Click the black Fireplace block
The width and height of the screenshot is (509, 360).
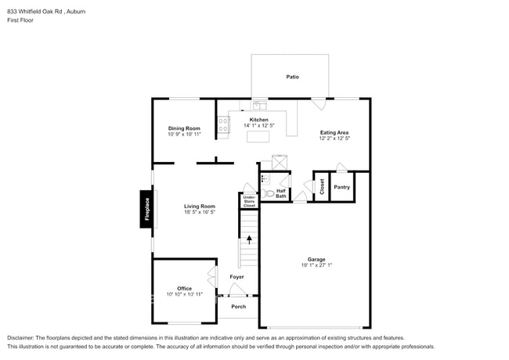coord(146,209)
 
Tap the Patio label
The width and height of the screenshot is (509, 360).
coord(293,77)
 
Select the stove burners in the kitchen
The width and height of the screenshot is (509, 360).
coord(223,125)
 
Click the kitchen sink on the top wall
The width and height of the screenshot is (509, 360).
coord(260,105)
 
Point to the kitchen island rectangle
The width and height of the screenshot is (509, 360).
coord(258,136)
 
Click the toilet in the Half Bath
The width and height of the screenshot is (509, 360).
coord(269,193)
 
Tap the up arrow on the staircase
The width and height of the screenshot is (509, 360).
coord(249,239)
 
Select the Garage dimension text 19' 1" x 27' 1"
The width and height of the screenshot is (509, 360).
coord(316,265)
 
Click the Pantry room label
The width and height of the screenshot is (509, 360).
coord(342,187)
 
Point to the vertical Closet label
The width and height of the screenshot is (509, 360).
coord(322,187)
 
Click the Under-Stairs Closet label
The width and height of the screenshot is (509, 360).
coord(249,201)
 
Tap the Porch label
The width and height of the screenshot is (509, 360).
coord(239,307)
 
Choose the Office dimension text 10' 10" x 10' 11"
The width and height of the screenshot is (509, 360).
coord(184,294)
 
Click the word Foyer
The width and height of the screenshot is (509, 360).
coord(236,276)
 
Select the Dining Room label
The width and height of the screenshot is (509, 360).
coord(184,128)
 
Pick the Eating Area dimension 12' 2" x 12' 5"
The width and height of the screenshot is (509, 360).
coord(334,139)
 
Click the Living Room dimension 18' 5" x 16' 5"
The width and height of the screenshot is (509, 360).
coord(200,212)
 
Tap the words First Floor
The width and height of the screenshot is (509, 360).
coord(20,20)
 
